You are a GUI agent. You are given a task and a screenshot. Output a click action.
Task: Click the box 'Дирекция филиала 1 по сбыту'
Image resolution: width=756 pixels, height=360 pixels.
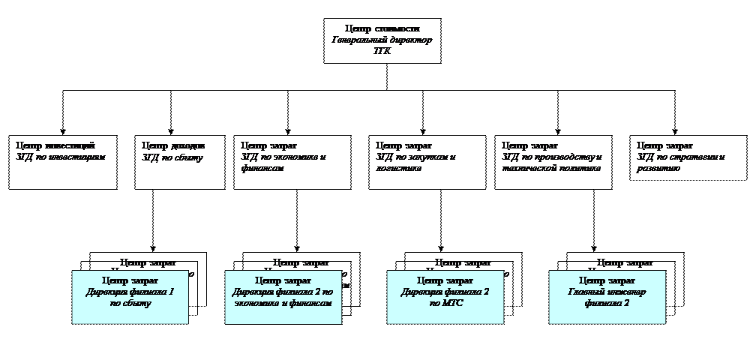pyautogui.click(x=130, y=297)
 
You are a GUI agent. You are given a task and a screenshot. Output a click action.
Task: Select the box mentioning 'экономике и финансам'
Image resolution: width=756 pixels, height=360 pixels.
pyautogui.click(x=283, y=297)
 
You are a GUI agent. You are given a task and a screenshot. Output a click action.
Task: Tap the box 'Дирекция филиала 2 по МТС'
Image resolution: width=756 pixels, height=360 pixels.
pyautogui.click(x=445, y=297)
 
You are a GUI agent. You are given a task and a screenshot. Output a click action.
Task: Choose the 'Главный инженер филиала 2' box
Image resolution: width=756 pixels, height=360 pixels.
pyautogui.click(x=607, y=297)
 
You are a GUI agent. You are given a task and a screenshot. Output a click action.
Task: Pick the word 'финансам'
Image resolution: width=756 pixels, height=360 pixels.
pyautogui.click(x=310, y=303)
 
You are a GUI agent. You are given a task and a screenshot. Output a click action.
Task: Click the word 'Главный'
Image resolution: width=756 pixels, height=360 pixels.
pyautogui.click(x=586, y=292)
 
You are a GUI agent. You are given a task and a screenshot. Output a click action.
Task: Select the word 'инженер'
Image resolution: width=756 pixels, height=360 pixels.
pyautogui.click(x=627, y=292)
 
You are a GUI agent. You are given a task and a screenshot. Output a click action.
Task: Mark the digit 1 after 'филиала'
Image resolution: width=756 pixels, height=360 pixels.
pyautogui.click(x=172, y=292)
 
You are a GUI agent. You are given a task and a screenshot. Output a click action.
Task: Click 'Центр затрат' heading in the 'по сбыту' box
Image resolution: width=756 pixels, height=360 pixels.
pyautogui.click(x=130, y=280)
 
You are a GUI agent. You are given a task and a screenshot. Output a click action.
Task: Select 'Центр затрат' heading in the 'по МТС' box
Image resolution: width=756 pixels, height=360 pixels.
pyautogui.click(x=445, y=280)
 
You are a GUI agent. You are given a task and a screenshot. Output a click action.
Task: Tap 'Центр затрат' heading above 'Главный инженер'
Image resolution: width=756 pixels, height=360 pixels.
pyautogui.click(x=607, y=280)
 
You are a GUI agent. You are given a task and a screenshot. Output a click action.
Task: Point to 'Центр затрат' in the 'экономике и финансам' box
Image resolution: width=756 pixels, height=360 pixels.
pyautogui.click(x=283, y=280)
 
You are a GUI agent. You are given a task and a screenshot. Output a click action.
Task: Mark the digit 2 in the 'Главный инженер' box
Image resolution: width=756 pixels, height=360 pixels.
pyautogui.click(x=626, y=303)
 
